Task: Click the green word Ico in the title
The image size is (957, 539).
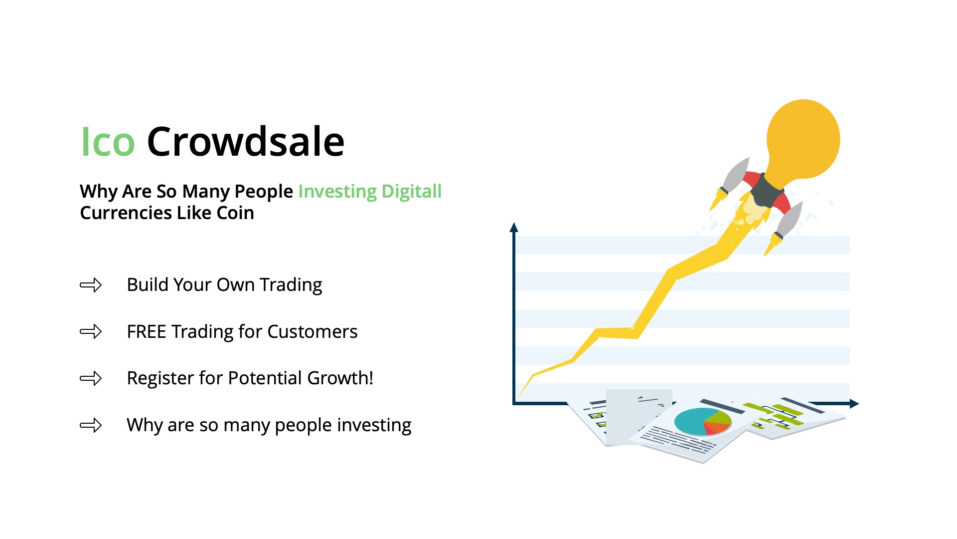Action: [108, 142]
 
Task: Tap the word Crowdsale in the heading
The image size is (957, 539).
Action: [246, 142]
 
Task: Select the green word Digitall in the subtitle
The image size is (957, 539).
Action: [411, 192]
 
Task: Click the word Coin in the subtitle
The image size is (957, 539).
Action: [235, 213]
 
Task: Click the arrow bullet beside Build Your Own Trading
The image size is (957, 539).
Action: [91, 285]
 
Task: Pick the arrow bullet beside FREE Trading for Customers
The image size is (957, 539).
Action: [91, 331]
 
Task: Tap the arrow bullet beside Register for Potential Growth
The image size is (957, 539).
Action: [91, 378]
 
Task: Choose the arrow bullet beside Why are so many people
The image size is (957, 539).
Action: [91, 425]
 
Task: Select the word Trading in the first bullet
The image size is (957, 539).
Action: [291, 285]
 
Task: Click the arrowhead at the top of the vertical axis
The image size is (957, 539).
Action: [514, 227]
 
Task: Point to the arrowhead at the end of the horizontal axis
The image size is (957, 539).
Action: [854, 403]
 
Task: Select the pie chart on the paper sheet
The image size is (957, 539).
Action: [703, 422]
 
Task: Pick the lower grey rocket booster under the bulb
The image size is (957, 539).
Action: [789, 220]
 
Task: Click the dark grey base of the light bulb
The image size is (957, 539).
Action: [766, 190]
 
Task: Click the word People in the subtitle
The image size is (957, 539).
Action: [264, 192]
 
